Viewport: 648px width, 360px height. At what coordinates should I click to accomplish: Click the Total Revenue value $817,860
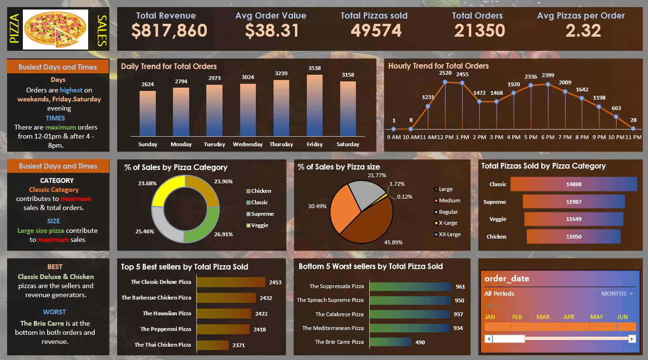point(169,31)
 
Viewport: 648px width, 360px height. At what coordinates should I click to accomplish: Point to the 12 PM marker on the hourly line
point(445,82)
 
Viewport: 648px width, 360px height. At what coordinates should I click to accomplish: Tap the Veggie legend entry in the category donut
point(259,225)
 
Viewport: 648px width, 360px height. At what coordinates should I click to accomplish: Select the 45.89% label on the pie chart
point(393,242)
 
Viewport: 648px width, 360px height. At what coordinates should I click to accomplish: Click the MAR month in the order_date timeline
point(543,317)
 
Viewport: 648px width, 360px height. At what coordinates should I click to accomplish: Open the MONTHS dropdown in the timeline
point(618,294)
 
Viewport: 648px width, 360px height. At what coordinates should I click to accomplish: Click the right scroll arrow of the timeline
point(632,339)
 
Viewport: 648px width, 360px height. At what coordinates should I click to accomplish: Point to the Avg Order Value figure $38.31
point(272,31)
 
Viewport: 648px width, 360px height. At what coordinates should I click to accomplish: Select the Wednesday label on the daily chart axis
point(248,144)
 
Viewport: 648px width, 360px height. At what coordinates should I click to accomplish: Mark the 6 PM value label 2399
point(548,75)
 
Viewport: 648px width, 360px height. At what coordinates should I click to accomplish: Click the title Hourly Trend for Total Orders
point(438,66)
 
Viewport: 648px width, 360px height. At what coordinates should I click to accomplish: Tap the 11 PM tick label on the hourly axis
point(633,137)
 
